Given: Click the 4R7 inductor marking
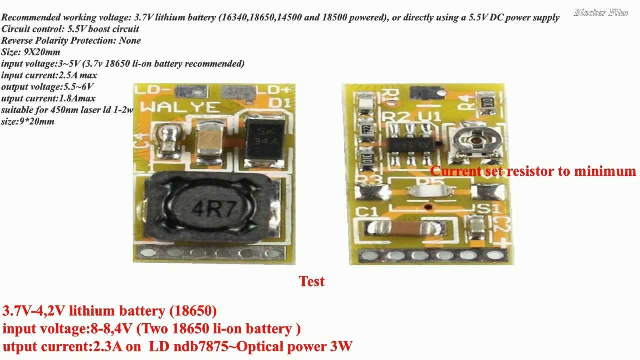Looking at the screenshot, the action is (x=214, y=208).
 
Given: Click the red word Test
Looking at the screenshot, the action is (x=312, y=281).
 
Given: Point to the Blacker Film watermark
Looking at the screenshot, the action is (x=601, y=12).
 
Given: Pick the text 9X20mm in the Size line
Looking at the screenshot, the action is (x=42, y=52).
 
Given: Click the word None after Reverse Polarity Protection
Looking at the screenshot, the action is (x=130, y=40).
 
